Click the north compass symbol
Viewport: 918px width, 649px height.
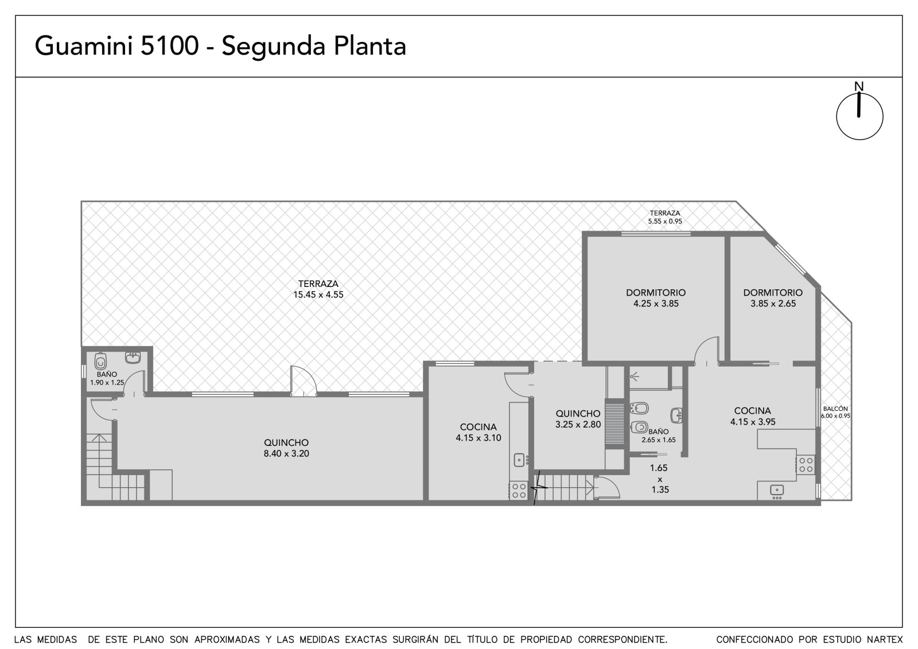tap(859, 116)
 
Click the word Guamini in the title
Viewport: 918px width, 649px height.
tap(84, 45)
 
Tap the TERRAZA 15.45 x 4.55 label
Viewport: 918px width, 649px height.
tap(318, 289)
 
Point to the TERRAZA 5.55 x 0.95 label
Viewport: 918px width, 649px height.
tap(665, 217)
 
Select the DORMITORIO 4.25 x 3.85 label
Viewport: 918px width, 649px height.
tap(656, 298)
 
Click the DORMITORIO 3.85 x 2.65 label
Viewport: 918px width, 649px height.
tap(773, 298)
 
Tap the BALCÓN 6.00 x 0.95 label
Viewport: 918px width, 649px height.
tap(835, 412)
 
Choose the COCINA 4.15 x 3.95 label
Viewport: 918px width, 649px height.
tap(752, 416)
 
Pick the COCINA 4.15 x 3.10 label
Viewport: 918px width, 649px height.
tap(479, 433)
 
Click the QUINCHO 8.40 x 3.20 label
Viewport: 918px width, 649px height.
tap(286, 448)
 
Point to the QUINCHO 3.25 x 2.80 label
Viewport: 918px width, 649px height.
tap(578, 419)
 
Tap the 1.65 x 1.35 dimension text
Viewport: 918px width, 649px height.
tap(660, 479)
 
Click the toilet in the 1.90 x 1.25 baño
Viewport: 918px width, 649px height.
tap(100, 361)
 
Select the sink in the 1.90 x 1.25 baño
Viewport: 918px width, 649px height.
tap(133, 357)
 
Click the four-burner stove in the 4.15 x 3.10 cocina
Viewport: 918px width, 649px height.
tap(519, 491)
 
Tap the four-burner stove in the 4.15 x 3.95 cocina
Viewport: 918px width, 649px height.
tap(806, 465)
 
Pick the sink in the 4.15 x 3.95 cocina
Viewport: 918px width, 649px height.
tap(777, 491)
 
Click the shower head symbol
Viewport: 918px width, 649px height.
tap(635, 375)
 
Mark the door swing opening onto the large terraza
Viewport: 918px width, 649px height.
tap(304, 380)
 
